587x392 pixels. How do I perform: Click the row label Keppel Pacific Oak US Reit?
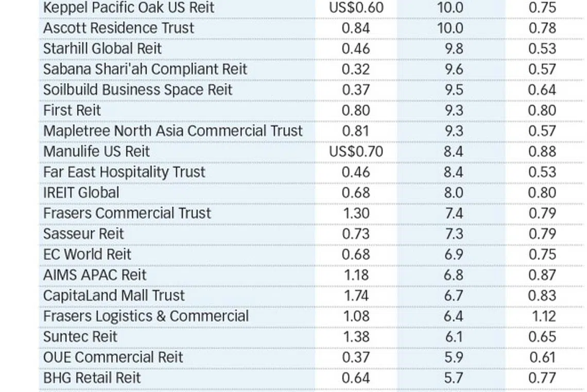tap(129, 8)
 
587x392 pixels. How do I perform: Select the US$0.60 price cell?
tap(356, 8)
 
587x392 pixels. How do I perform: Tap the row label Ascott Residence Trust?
tap(118, 28)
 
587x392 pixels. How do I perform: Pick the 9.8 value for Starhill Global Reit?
tap(453, 48)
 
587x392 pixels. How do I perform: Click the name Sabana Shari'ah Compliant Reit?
tap(145, 69)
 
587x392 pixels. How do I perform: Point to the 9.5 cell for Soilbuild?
tap(453, 90)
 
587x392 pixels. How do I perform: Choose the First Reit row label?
tap(72, 110)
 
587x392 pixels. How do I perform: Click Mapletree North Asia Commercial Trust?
tap(173, 131)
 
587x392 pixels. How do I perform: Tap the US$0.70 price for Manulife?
tap(356, 152)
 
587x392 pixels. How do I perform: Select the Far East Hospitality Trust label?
tap(124, 172)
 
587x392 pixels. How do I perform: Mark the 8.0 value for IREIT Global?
tap(453, 192)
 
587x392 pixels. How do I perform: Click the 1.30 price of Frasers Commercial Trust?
tap(356, 213)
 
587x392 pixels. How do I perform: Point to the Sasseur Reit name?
tap(83, 234)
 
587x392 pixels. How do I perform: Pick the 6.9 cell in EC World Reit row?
tap(453, 254)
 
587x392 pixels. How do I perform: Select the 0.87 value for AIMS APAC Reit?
tap(542, 275)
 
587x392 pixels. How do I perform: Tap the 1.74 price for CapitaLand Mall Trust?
tap(356, 296)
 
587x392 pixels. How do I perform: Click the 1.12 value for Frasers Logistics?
tap(544, 316)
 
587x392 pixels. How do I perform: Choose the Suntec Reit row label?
tap(80, 336)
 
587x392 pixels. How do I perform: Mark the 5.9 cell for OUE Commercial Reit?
tap(453, 357)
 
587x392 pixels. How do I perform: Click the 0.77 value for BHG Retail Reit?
tap(542, 378)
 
